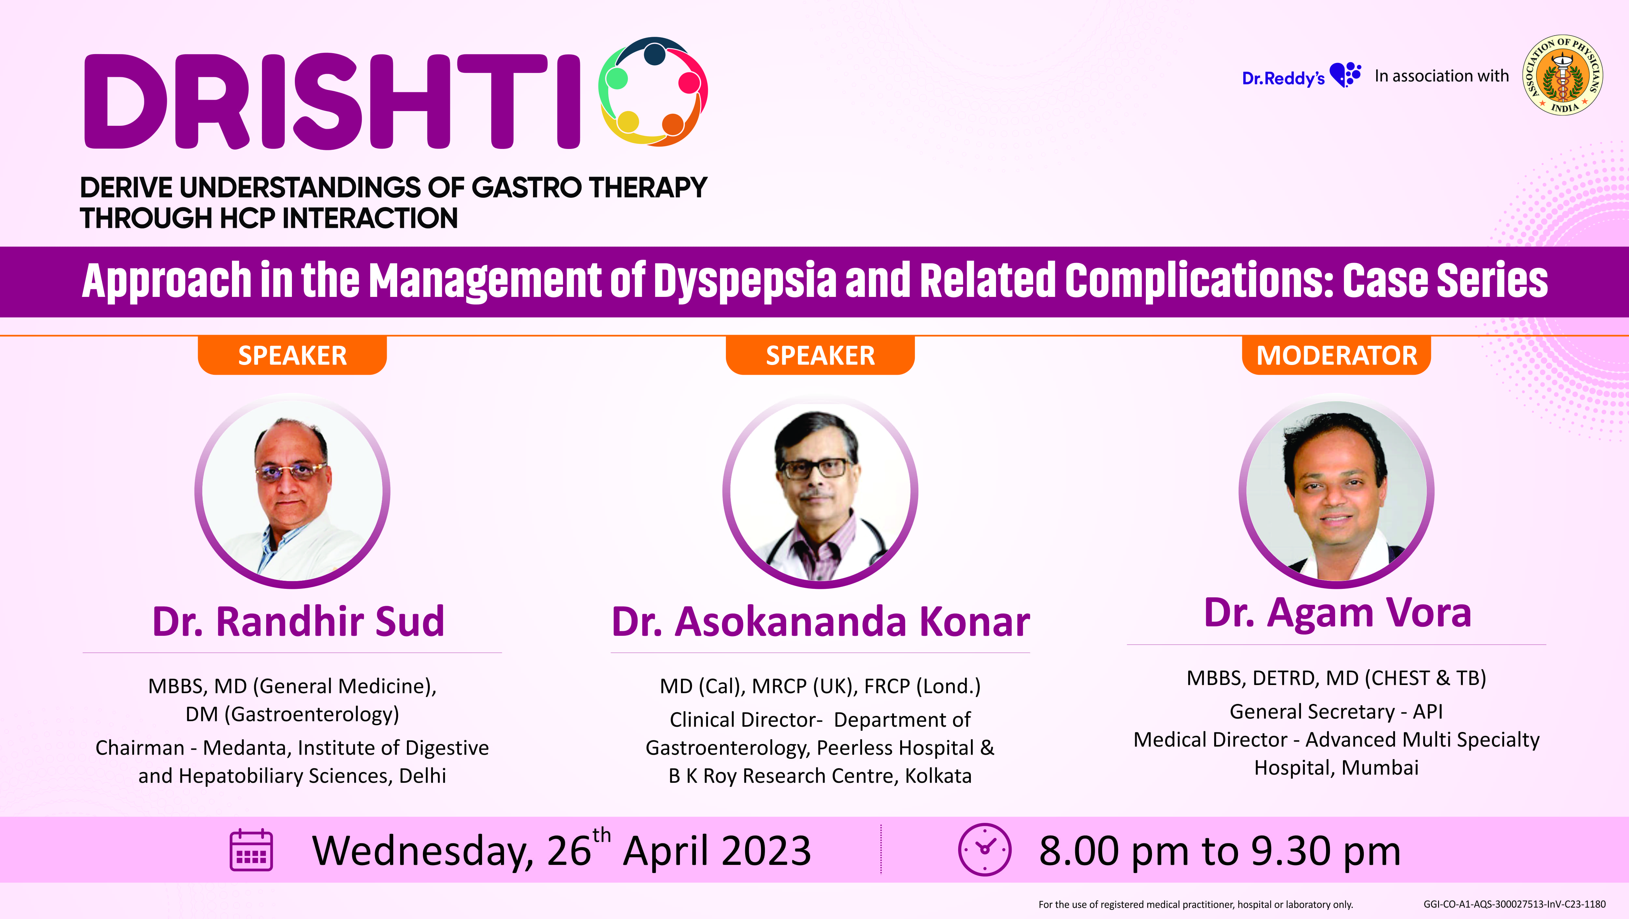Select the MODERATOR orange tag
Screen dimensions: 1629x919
(x=1336, y=356)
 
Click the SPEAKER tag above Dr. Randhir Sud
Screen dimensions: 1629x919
(x=292, y=356)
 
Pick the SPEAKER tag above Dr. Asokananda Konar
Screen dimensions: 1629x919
(x=820, y=356)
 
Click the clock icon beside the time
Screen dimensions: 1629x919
(x=985, y=850)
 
